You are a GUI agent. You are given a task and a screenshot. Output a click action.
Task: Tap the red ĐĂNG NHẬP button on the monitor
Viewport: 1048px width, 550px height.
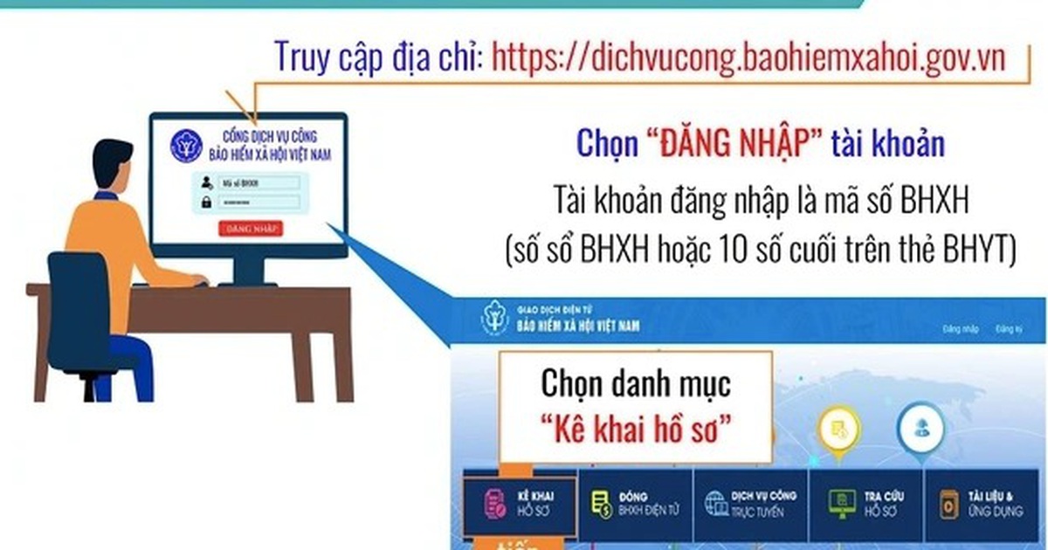coord(252,230)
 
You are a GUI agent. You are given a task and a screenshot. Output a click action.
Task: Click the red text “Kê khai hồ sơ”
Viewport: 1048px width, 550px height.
coord(635,428)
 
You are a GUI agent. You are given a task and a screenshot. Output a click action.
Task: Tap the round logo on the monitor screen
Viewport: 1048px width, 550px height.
coord(185,146)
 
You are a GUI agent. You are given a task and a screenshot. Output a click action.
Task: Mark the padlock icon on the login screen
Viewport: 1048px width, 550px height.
coord(206,203)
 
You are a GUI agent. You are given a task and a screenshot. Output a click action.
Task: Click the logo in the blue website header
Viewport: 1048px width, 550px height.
coord(493,320)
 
